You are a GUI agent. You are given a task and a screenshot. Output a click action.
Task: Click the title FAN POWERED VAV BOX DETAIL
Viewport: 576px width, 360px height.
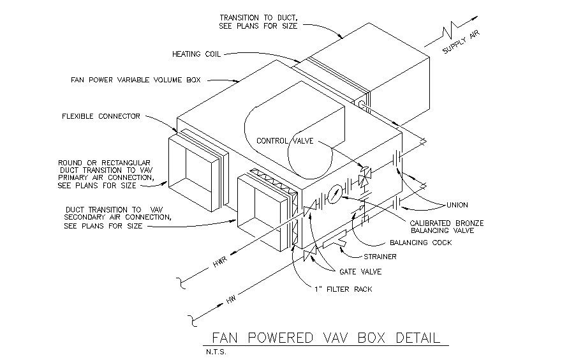point(325,337)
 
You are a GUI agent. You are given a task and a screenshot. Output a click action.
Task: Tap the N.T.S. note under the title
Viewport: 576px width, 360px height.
point(216,350)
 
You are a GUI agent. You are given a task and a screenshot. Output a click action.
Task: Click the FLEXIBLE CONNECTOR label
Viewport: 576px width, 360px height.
point(101,117)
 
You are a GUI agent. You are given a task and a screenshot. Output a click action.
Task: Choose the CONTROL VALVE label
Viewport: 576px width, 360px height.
point(284,141)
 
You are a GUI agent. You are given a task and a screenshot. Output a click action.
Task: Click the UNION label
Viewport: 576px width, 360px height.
point(457,205)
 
